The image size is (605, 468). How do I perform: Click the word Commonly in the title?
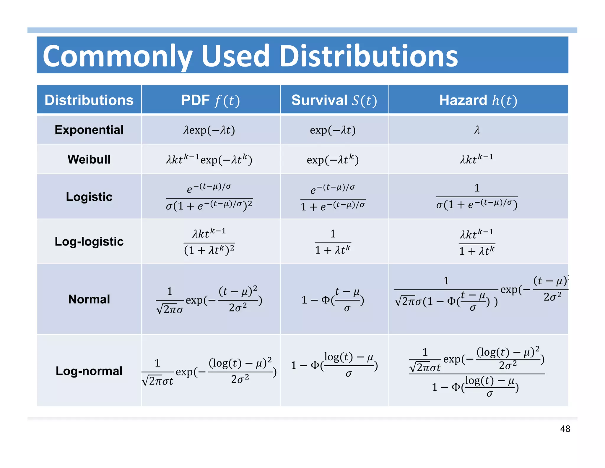click(x=118, y=56)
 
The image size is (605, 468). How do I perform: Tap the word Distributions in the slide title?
click(x=368, y=56)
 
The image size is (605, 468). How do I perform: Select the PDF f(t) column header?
click(x=210, y=100)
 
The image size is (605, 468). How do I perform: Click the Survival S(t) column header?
click(x=334, y=100)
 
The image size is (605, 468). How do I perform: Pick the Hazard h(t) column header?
click(x=478, y=100)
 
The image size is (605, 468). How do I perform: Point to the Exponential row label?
click(x=89, y=130)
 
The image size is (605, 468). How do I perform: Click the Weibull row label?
click(x=89, y=159)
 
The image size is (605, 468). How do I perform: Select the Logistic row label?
click(x=89, y=197)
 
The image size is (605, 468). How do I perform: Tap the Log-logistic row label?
click(x=89, y=241)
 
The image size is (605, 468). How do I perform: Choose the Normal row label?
click(x=89, y=299)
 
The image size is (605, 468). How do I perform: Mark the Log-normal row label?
click(x=89, y=371)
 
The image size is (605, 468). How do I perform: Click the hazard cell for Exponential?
click(x=477, y=130)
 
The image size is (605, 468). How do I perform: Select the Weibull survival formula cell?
click(x=333, y=160)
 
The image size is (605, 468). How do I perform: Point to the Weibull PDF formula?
click(x=209, y=159)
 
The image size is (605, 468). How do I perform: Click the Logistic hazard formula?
click(x=477, y=196)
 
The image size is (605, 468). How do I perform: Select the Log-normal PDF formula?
click(x=209, y=372)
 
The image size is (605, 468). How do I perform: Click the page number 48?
click(x=565, y=429)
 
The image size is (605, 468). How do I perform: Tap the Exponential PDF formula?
click(x=209, y=130)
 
